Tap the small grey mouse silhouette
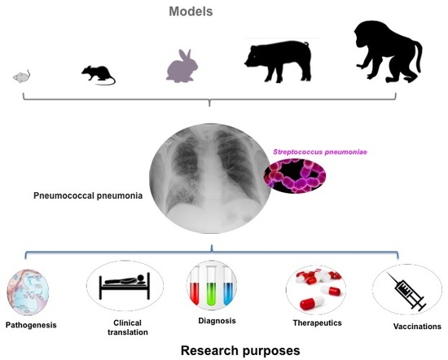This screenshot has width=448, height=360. point(22,77)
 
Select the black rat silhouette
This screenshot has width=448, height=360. point(97,75)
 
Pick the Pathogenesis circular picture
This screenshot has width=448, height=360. point(28,292)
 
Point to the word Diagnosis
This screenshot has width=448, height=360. point(217,321)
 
